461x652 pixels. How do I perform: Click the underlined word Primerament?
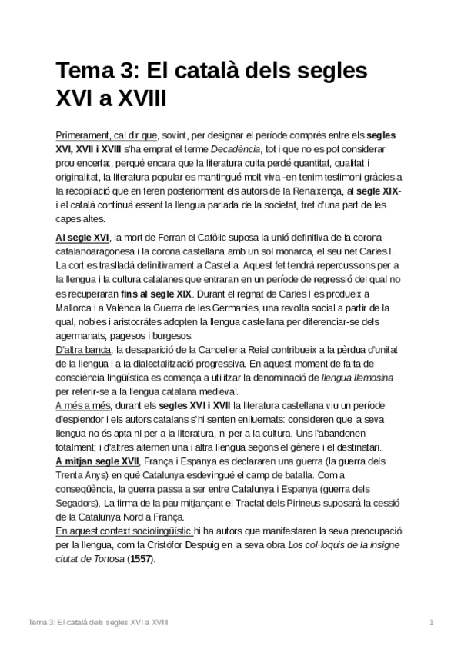click(85, 132)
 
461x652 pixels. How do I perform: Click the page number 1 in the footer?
click(432, 621)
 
